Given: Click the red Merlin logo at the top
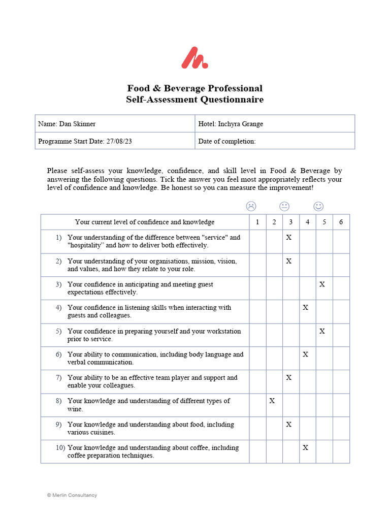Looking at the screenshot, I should pyautogui.click(x=194, y=58).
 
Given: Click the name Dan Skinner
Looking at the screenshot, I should pyautogui.click(x=77, y=124).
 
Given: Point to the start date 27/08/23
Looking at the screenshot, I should pyautogui.click(x=119, y=141).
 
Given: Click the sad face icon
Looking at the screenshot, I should pyautogui.click(x=251, y=206).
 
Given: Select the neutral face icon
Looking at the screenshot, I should pyautogui.click(x=284, y=206).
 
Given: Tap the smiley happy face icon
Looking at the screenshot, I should pyautogui.click(x=318, y=206).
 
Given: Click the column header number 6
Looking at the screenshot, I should pyautogui.click(x=341, y=222).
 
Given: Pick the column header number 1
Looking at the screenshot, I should pyautogui.click(x=257, y=222).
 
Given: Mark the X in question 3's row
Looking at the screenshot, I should pyautogui.click(x=322, y=284).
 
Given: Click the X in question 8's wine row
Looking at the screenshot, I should pyautogui.click(x=272, y=401).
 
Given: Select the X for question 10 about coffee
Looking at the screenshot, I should pyautogui.click(x=305, y=447).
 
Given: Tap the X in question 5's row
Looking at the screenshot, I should pyautogui.click(x=322, y=331).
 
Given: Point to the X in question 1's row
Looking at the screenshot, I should pyautogui.click(x=288, y=237).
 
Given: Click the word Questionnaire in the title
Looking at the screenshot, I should pyautogui.click(x=231, y=100).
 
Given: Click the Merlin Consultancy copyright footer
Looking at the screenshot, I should pyautogui.click(x=72, y=495).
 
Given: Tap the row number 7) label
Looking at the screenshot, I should pyautogui.click(x=59, y=378).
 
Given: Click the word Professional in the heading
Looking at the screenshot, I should pyautogui.click(x=232, y=88).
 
